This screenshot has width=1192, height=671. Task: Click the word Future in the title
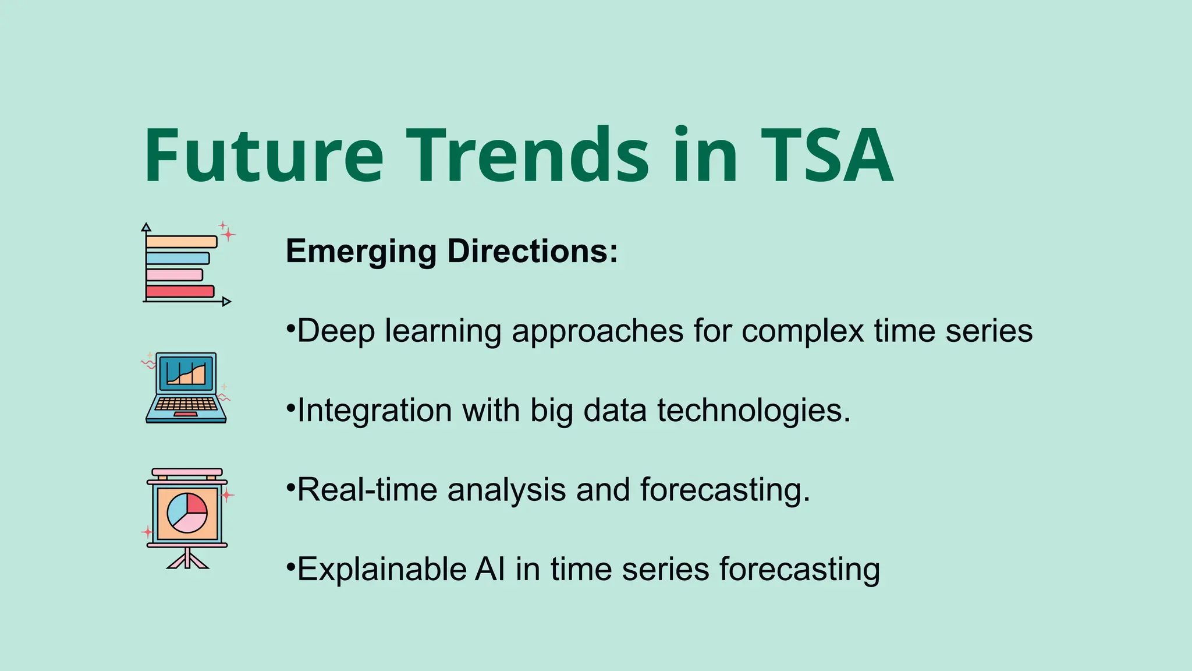click(x=263, y=156)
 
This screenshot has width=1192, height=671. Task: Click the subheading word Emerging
click(x=361, y=252)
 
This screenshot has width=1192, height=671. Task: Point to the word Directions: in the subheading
click(x=532, y=252)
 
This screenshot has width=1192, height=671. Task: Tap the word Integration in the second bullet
click(x=374, y=410)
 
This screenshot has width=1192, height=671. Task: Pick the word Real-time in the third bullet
click(x=366, y=489)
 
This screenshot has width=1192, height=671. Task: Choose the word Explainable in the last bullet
click(x=381, y=569)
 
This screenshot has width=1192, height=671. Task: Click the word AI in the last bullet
click(x=489, y=569)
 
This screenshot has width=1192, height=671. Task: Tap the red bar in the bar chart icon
click(x=179, y=291)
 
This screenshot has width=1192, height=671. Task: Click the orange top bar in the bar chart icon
click(x=181, y=242)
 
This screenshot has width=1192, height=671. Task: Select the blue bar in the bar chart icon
click(x=177, y=258)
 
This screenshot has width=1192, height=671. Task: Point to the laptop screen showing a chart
click(x=186, y=372)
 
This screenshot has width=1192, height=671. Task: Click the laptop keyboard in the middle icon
click(x=186, y=404)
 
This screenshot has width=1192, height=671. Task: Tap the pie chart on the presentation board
click(x=187, y=513)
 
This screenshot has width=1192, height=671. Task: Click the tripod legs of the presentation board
click(x=187, y=560)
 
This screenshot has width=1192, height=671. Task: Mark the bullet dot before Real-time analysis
click(x=290, y=485)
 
